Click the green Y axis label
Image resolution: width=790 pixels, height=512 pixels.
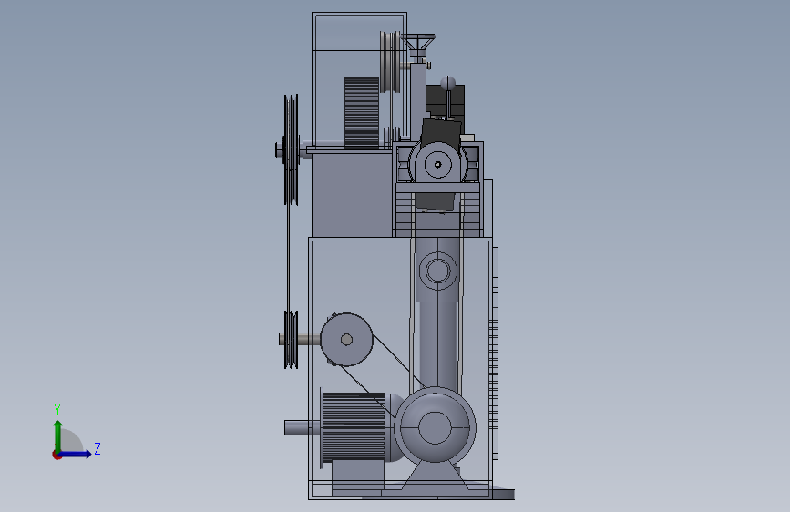57,409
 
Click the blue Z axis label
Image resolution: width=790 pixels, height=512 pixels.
97,448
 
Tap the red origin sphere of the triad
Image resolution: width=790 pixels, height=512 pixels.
56,455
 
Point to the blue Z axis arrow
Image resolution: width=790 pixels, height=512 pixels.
75,454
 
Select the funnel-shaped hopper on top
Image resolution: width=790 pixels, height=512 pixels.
417,42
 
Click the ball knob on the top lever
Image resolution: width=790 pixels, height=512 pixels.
448,83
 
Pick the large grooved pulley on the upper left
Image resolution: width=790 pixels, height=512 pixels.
291,149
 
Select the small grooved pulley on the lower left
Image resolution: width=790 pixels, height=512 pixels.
291,340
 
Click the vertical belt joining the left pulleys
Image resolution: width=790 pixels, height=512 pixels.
289,258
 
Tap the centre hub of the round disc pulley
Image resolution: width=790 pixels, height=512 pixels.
346,340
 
